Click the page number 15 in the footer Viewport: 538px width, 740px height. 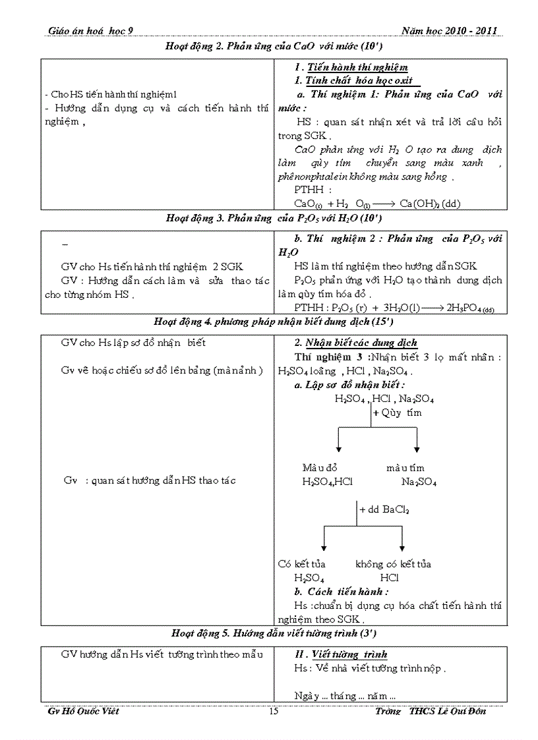pyautogui.click(x=274, y=712)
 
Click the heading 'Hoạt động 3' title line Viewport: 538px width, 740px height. pyautogui.click(x=274, y=218)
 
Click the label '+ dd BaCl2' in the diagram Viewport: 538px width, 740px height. pyautogui.click(x=384, y=509)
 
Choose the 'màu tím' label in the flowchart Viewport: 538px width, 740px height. pyautogui.click(x=406, y=467)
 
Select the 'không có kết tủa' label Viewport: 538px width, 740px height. pyautogui.click(x=393, y=564)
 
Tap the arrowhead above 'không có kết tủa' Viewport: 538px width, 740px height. pyautogui.click(x=402, y=548)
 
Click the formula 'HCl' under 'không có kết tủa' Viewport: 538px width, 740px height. pyautogui.click(x=389, y=578)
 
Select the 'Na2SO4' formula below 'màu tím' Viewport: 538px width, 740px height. pyautogui.click(x=419, y=482)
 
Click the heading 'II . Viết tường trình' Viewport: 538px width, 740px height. pyautogui.click(x=341, y=654)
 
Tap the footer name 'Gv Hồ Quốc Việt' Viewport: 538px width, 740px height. pyautogui.click(x=84, y=712)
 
